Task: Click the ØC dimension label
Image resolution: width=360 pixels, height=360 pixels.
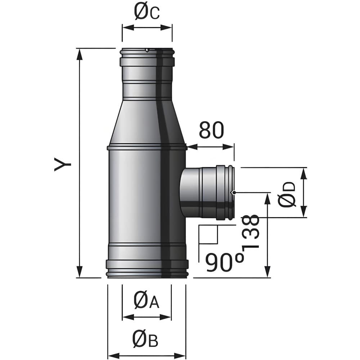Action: coord(147,12)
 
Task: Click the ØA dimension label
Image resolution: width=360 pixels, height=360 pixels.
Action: coord(146,301)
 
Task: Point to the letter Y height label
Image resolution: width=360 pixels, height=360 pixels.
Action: coord(62,164)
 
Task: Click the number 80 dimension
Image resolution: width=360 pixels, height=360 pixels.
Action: coord(211,130)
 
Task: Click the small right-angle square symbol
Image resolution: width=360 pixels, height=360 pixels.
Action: coord(208,234)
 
